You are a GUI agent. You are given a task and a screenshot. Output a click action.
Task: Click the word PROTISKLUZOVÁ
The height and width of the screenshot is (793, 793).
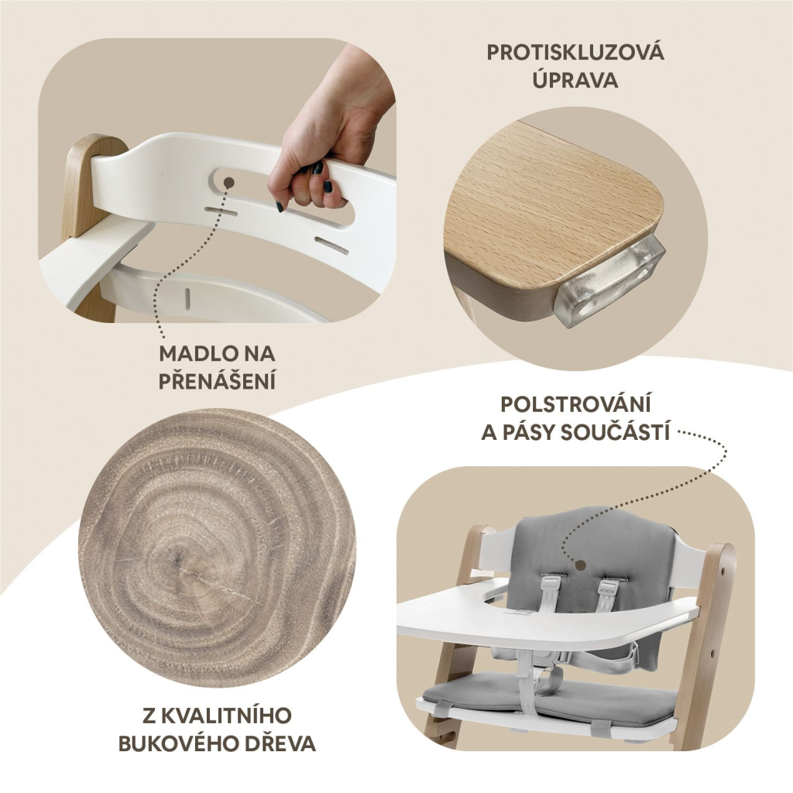click(575, 53)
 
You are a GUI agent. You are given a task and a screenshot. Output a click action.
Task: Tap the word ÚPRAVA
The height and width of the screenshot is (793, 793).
click(575, 80)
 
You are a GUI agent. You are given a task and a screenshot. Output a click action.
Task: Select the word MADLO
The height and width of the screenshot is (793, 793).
click(194, 354)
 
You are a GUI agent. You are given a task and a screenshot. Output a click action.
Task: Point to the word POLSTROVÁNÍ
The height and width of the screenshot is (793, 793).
click(575, 404)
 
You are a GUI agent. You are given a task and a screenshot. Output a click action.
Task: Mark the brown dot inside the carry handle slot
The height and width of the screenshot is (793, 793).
click(229, 183)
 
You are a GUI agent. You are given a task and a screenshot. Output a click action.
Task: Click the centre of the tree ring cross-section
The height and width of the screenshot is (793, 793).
click(178, 559)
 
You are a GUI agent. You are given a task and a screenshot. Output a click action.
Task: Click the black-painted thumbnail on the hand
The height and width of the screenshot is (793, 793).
click(328, 187)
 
